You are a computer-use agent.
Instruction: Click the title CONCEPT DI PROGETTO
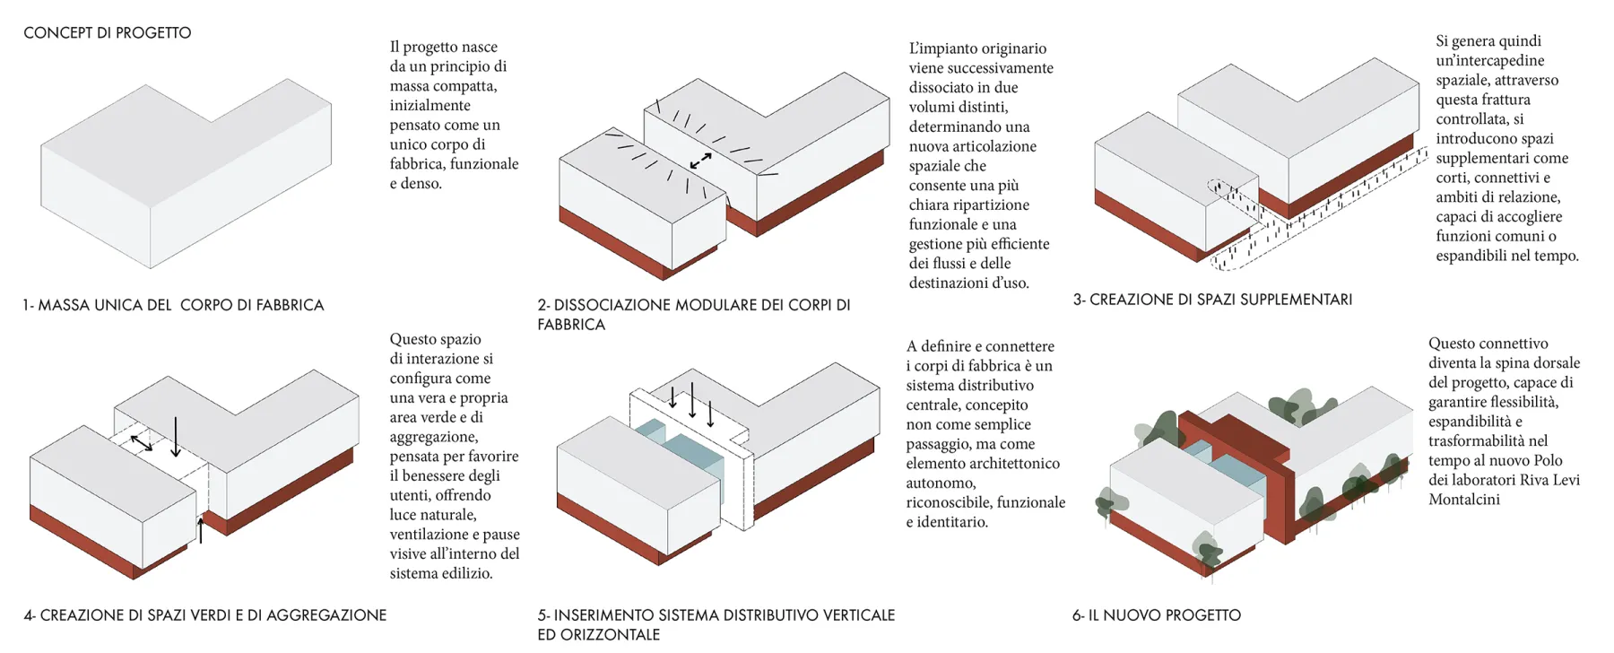(107, 33)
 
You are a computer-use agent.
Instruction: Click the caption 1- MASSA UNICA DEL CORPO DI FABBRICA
(173, 305)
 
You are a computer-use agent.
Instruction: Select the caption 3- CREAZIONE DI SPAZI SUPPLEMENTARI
(1212, 300)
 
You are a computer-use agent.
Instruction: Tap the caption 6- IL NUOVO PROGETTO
(1157, 615)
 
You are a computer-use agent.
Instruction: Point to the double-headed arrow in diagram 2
(700, 161)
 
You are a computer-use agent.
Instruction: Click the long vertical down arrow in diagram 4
(177, 436)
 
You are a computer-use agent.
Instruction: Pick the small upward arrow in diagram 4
(201, 529)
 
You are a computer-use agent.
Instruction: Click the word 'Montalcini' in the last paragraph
(1463, 500)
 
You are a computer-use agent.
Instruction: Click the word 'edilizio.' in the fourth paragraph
(464, 573)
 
